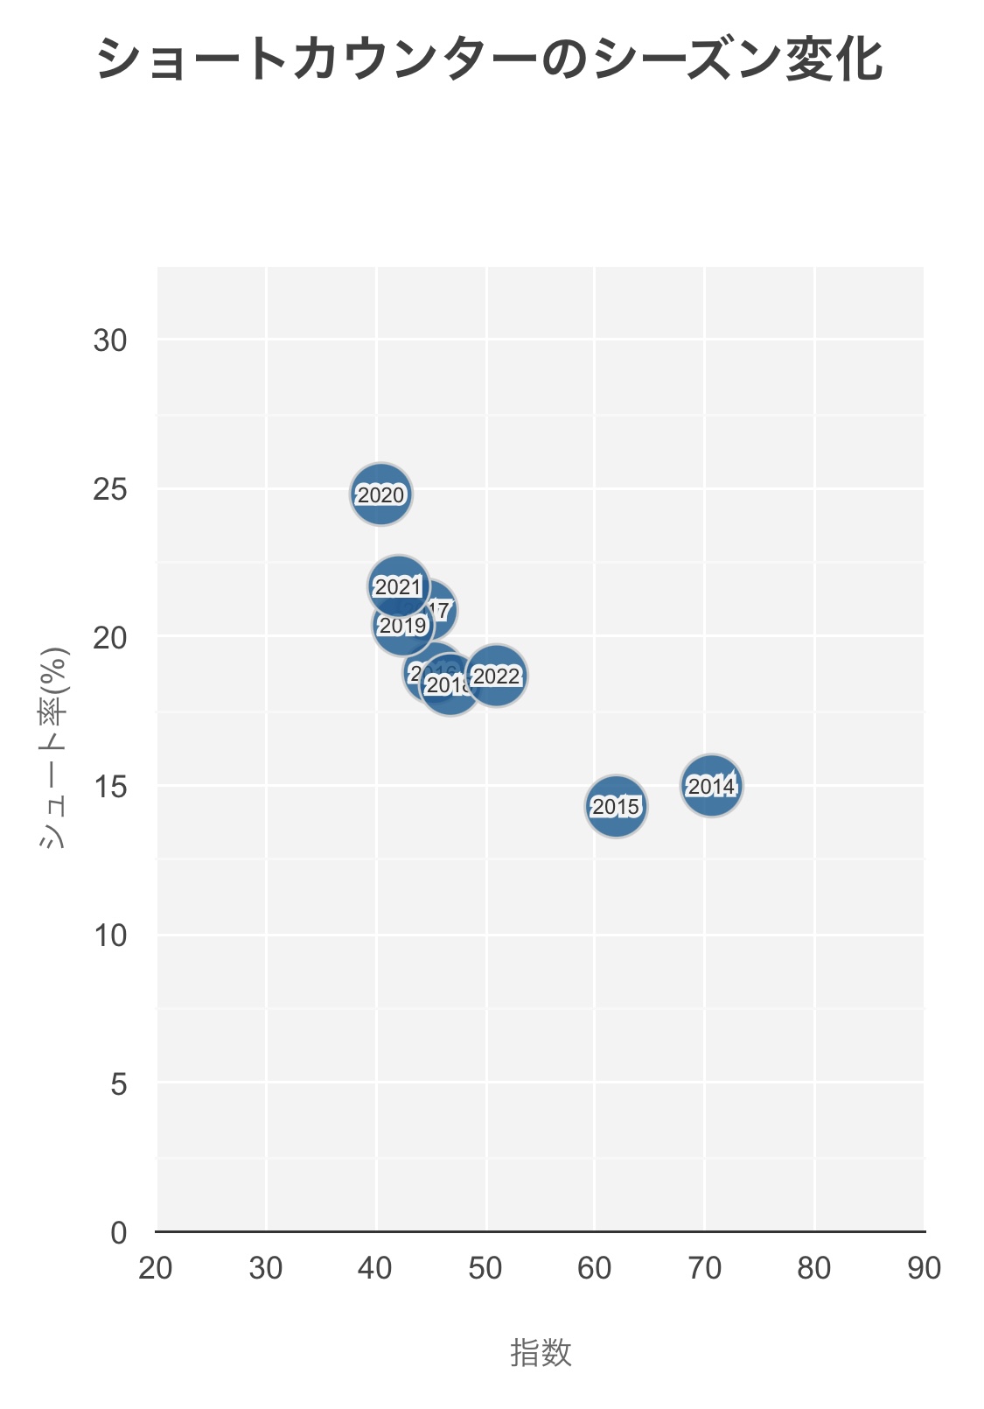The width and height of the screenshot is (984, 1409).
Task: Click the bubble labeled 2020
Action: tap(380, 494)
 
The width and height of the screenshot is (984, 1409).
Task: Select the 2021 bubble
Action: tap(398, 585)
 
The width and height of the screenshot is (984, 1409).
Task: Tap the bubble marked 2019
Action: tap(401, 626)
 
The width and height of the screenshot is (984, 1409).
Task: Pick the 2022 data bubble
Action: tap(496, 676)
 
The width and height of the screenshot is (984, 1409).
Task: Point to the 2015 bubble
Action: tap(616, 806)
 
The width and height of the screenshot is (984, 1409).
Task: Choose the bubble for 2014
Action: tap(711, 786)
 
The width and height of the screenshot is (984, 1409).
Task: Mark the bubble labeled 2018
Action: tap(450, 684)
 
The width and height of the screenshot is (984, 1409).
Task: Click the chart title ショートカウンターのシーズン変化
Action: tap(490, 60)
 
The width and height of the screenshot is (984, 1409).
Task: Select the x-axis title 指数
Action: tap(541, 1353)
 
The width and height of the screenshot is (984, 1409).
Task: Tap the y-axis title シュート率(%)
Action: tap(54, 748)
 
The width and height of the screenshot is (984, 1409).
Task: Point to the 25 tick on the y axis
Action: tap(110, 489)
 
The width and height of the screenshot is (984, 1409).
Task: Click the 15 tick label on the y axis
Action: tap(110, 787)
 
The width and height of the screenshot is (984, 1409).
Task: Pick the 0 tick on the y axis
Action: tap(119, 1233)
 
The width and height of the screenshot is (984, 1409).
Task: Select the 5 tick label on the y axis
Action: tap(119, 1084)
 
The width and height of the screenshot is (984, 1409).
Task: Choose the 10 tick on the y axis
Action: tap(110, 936)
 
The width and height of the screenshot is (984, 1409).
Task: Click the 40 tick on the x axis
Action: tap(375, 1268)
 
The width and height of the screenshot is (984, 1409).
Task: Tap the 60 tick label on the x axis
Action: tap(595, 1268)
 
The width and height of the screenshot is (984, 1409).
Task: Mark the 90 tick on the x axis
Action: tap(924, 1268)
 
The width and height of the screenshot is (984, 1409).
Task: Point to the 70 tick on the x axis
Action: tap(704, 1268)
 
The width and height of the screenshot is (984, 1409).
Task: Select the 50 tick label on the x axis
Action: tap(485, 1268)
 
